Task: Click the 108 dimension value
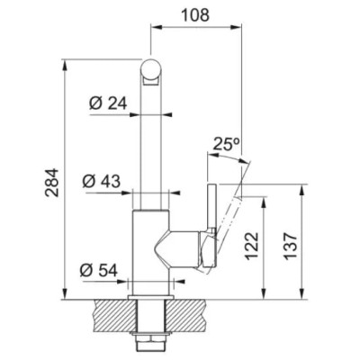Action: (195, 15)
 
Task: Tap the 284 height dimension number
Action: (51, 183)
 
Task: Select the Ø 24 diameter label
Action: (108, 103)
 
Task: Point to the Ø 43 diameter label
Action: (102, 181)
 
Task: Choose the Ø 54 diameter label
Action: (98, 271)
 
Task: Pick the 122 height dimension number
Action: (251, 246)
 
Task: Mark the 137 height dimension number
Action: (290, 246)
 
